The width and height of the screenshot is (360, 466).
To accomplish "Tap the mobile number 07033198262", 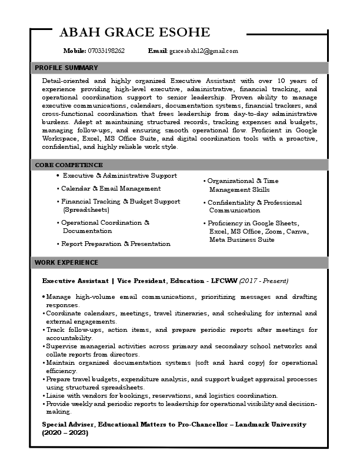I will tap(106, 51).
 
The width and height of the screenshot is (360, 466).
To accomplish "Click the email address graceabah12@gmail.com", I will tap(204, 51).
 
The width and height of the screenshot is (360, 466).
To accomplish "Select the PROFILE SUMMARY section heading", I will tap(66, 68).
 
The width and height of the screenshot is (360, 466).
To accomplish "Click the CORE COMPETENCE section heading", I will tap(68, 165).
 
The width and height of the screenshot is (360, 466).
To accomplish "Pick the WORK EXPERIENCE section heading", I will tap(66, 262).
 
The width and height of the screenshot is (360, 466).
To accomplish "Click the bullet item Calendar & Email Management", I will tap(111, 188).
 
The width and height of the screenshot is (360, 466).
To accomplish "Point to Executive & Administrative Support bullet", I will tap(119, 176).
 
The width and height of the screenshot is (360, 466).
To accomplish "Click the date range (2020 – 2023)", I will tap(65, 432).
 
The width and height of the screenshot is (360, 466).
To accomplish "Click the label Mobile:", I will tap(75, 51).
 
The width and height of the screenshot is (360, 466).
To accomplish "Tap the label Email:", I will tap(158, 51).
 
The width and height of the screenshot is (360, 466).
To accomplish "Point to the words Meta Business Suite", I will tap(242, 240).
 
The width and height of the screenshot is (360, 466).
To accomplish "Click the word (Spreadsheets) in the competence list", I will tap(86, 209).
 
